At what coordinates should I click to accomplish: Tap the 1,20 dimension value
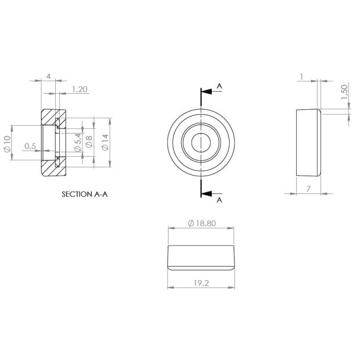(x=80, y=90)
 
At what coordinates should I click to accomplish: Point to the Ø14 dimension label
(x=105, y=143)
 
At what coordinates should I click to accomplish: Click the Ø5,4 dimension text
(x=78, y=143)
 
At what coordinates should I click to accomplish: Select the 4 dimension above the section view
(x=48, y=77)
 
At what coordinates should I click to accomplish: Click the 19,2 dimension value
(x=201, y=284)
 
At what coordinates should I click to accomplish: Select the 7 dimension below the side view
(x=308, y=188)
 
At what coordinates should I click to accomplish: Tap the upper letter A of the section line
(x=220, y=86)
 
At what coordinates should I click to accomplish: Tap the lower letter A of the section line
(x=220, y=201)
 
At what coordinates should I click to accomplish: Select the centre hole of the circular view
(x=201, y=142)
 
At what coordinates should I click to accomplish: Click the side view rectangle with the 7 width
(x=307, y=142)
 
